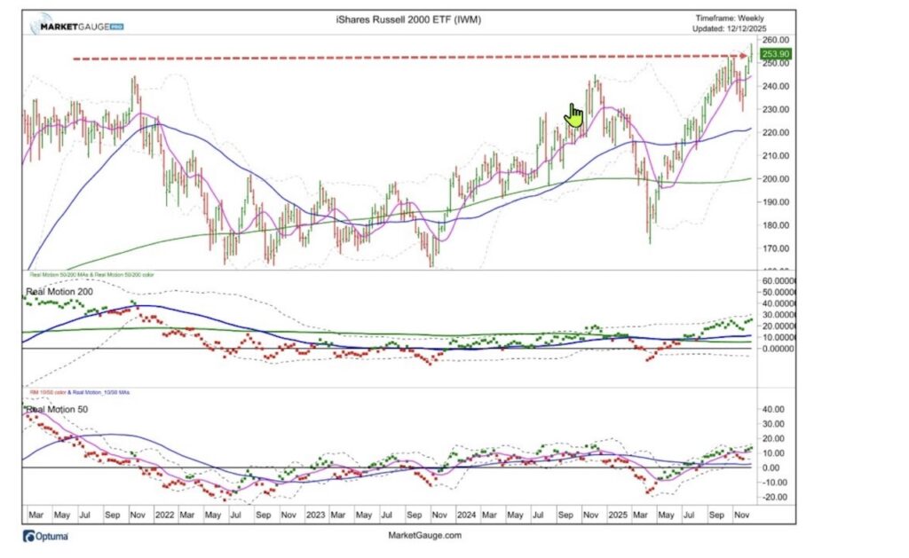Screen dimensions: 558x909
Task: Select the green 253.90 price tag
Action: pyautogui.click(x=775, y=54)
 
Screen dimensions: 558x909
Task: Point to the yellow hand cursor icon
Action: pyautogui.click(x=574, y=115)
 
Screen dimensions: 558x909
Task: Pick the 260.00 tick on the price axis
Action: pyautogui.click(x=777, y=41)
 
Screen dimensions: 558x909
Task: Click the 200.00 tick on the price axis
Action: pyautogui.click(x=777, y=179)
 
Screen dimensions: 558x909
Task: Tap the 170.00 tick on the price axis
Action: pyautogui.click(x=777, y=248)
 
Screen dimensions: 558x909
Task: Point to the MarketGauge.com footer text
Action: pyautogui.click(x=425, y=535)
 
